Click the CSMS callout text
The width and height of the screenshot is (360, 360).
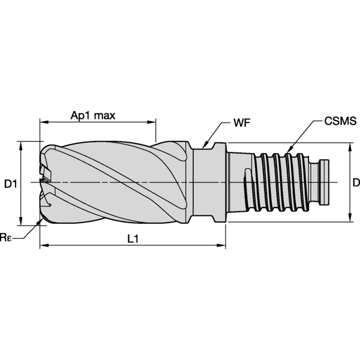(x=340, y=122)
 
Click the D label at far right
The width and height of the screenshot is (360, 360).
(x=355, y=182)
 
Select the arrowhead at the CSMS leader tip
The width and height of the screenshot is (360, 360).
(x=288, y=150)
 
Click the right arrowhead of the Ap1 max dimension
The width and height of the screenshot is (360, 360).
(x=152, y=122)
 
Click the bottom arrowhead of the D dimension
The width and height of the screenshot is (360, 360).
(x=349, y=218)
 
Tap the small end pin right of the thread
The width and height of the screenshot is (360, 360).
(x=325, y=173)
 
